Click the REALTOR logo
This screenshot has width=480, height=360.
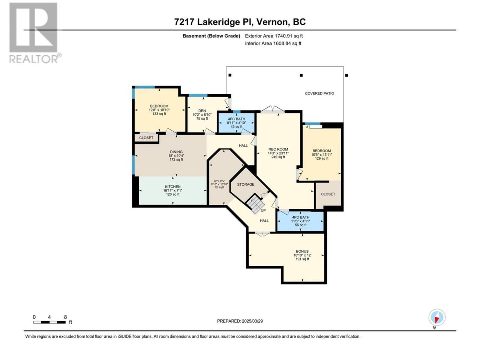pyautogui.click(x=35, y=33)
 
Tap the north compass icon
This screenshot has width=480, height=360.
pyautogui.click(x=437, y=317)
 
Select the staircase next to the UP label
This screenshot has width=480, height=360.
pyautogui.click(x=255, y=203)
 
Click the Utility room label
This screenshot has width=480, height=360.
pyautogui.click(x=219, y=184)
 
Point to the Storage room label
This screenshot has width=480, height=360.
pyautogui.click(x=246, y=184)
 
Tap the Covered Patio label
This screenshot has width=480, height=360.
pyautogui.click(x=319, y=93)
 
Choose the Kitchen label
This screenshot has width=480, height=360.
pyautogui.click(x=172, y=190)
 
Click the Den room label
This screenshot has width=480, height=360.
pyautogui.click(x=202, y=114)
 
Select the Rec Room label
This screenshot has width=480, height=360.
pyautogui.click(x=278, y=153)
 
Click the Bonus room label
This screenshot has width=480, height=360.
pyautogui.click(x=302, y=255)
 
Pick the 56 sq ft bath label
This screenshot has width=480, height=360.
pyautogui.click(x=300, y=221)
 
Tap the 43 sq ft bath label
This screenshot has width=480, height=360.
pyautogui.click(x=236, y=123)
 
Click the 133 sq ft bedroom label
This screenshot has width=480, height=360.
pyautogui.click(x=159, y=110)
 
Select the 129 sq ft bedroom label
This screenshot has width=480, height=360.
pyautogui.click(x=321, y=154)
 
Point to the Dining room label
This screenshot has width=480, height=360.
pyautogui.click(x=176, y=155)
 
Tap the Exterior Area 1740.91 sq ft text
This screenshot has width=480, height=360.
pyautogui.click(x=274, y=36)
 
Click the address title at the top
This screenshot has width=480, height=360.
pyautogui.click(x=240, y=22)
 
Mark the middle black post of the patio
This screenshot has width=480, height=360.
pyautogui.click(x=301, y=75)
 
